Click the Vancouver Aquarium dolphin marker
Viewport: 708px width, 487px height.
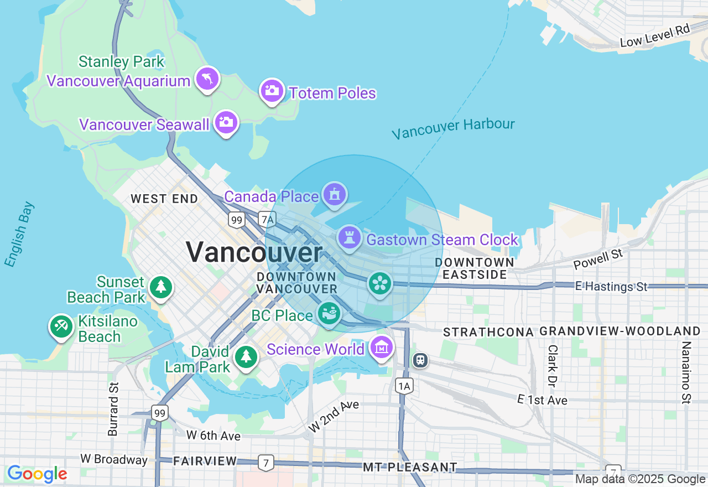207,79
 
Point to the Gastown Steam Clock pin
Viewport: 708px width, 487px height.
349,238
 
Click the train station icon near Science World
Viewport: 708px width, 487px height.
420,360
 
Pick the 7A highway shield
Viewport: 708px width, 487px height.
267,220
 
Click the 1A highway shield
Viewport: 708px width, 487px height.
404,386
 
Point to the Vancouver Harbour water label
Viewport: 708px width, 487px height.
453,128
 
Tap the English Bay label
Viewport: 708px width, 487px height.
19,235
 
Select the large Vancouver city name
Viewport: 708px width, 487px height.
254,252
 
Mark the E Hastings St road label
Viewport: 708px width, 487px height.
611,287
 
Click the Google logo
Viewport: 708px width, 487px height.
37,474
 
